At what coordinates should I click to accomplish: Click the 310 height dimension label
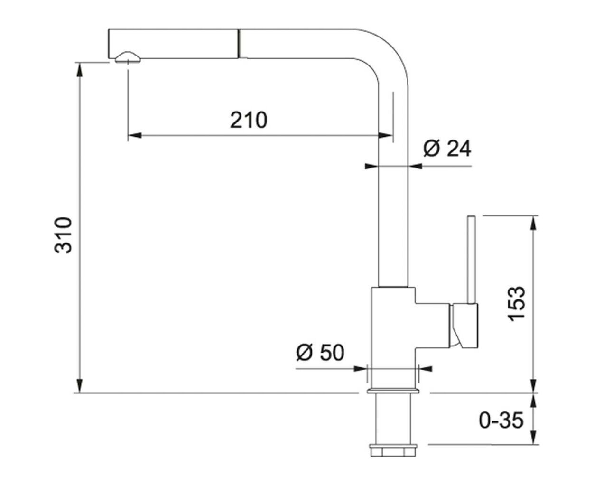click(63, 235)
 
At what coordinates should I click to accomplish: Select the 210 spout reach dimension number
click(249, 120)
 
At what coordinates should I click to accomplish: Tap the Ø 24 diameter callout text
click(447, 149)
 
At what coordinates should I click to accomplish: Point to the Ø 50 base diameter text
click(320, 353)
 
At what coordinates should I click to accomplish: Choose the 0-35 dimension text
click(501, 421)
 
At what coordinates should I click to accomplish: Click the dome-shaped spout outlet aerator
click(127, 57)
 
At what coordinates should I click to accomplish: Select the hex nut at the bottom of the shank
click(393, 451)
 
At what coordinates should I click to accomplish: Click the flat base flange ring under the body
click(393, 391)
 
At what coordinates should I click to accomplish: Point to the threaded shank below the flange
click(393, 419)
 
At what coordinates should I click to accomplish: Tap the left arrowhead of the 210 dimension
click(135, 136)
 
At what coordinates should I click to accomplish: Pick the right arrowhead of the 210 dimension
click(385, 136)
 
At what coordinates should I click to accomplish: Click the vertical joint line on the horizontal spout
click(239, 44)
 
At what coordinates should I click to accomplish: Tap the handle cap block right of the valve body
click(464, 326)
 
